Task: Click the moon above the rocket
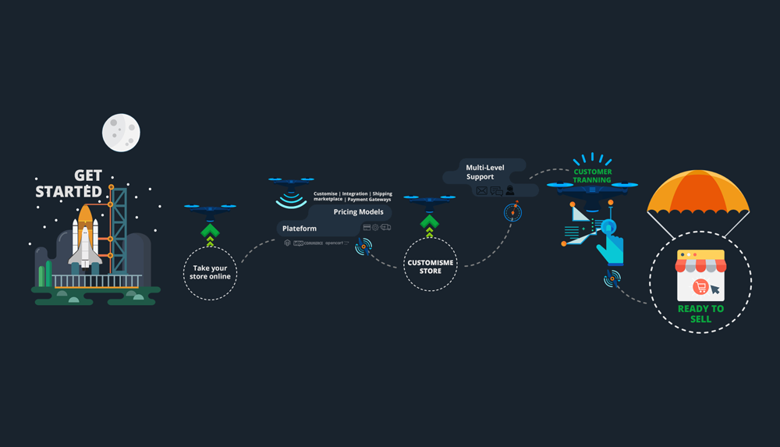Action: tap(121, 133)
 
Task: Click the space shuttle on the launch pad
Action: tap(84, 234)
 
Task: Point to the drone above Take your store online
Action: tap(210, 209)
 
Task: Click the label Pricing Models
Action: tap(358, 212)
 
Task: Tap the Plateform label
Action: tap(300, 229)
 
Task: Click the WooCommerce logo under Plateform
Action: tap(308, 243)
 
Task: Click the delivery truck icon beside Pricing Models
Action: tap(385, 228)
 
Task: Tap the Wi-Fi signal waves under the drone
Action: tap(291, 200)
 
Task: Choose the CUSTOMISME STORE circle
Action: tap(430, 267)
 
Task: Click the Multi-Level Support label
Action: tap(484, 172)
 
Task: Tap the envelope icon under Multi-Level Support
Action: tap(481, 191)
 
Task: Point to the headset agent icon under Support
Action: tap(509, 191)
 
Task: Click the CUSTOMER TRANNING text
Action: tap(593, 176)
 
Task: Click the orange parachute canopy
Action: tap(698, 193)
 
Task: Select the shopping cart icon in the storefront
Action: tap(700, 288)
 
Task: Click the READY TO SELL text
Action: tap(700, 314)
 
